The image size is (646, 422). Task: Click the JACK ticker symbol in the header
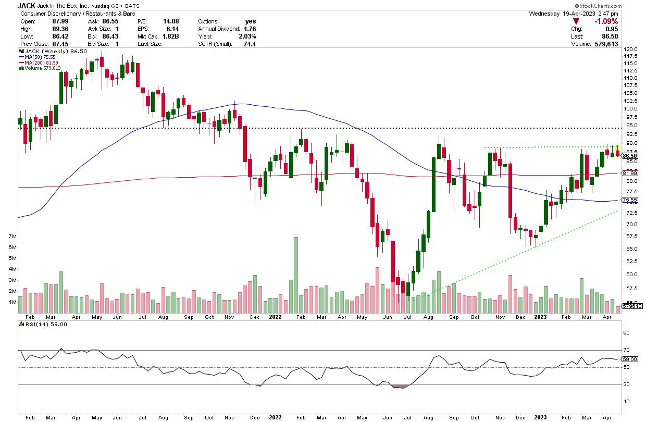(26, 5)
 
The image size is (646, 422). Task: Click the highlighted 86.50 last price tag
(630, 156)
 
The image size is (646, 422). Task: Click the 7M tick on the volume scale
(12, 237)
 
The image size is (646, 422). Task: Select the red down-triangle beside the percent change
(577, 21)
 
